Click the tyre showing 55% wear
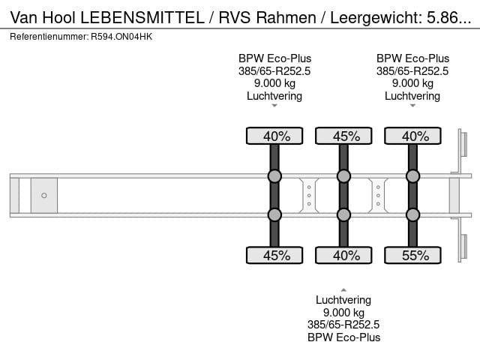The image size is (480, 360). click(412, 256)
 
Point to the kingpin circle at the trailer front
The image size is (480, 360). click(44, 196)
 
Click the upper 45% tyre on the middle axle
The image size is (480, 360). click(343, 136)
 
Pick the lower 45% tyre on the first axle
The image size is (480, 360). click(274, 256)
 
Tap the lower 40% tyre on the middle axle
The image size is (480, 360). click(343, 256)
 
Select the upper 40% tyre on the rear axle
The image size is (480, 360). click(412, 136)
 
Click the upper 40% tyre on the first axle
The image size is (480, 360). click(274, 136)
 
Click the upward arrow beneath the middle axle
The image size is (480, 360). click(343, 289)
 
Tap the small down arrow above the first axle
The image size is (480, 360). click(274, 106)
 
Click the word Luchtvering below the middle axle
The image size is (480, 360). click(343, 300)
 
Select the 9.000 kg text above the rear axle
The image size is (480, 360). click(412, 83)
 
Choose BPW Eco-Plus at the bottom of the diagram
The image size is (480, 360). click(343, 337)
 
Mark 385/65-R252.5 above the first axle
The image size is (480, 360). click(274, 71)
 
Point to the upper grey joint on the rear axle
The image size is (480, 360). click(412, 176)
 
